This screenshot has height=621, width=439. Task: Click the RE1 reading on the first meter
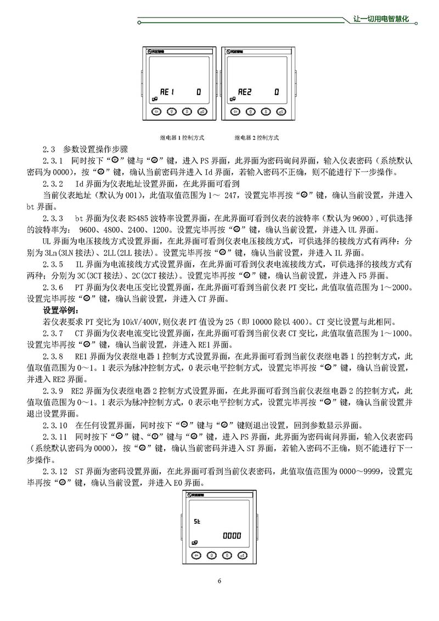(x=166, y=92)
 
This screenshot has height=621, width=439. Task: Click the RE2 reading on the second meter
(x=245, y=92)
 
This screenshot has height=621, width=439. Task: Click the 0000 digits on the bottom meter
(x=231, y=536)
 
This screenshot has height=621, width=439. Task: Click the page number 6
(x=219, y=581)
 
